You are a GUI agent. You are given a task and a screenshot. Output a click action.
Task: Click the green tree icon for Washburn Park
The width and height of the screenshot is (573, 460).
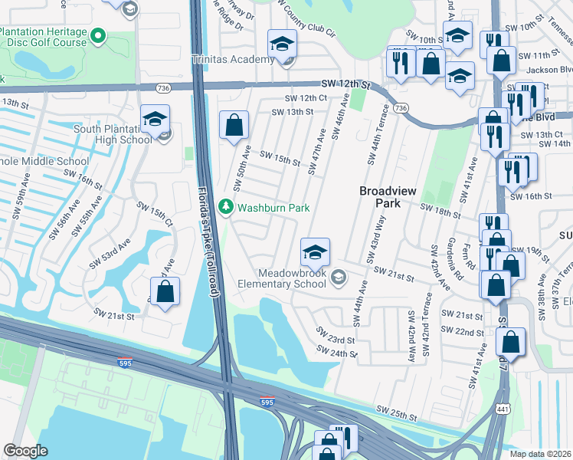tap(226, 207)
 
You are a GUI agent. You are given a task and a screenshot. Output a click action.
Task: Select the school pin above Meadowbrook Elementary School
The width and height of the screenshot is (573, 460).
tap(314, 252)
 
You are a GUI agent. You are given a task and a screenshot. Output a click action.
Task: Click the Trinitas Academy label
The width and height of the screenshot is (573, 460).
tap(233, 58)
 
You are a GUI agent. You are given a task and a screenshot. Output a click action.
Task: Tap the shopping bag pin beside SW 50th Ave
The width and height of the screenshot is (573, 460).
tap(234, 126)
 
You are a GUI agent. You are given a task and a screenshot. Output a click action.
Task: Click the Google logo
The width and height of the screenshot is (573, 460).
tap(25, 450)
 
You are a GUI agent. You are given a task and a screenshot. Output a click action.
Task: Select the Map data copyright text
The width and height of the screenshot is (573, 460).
tap(540, 454)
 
